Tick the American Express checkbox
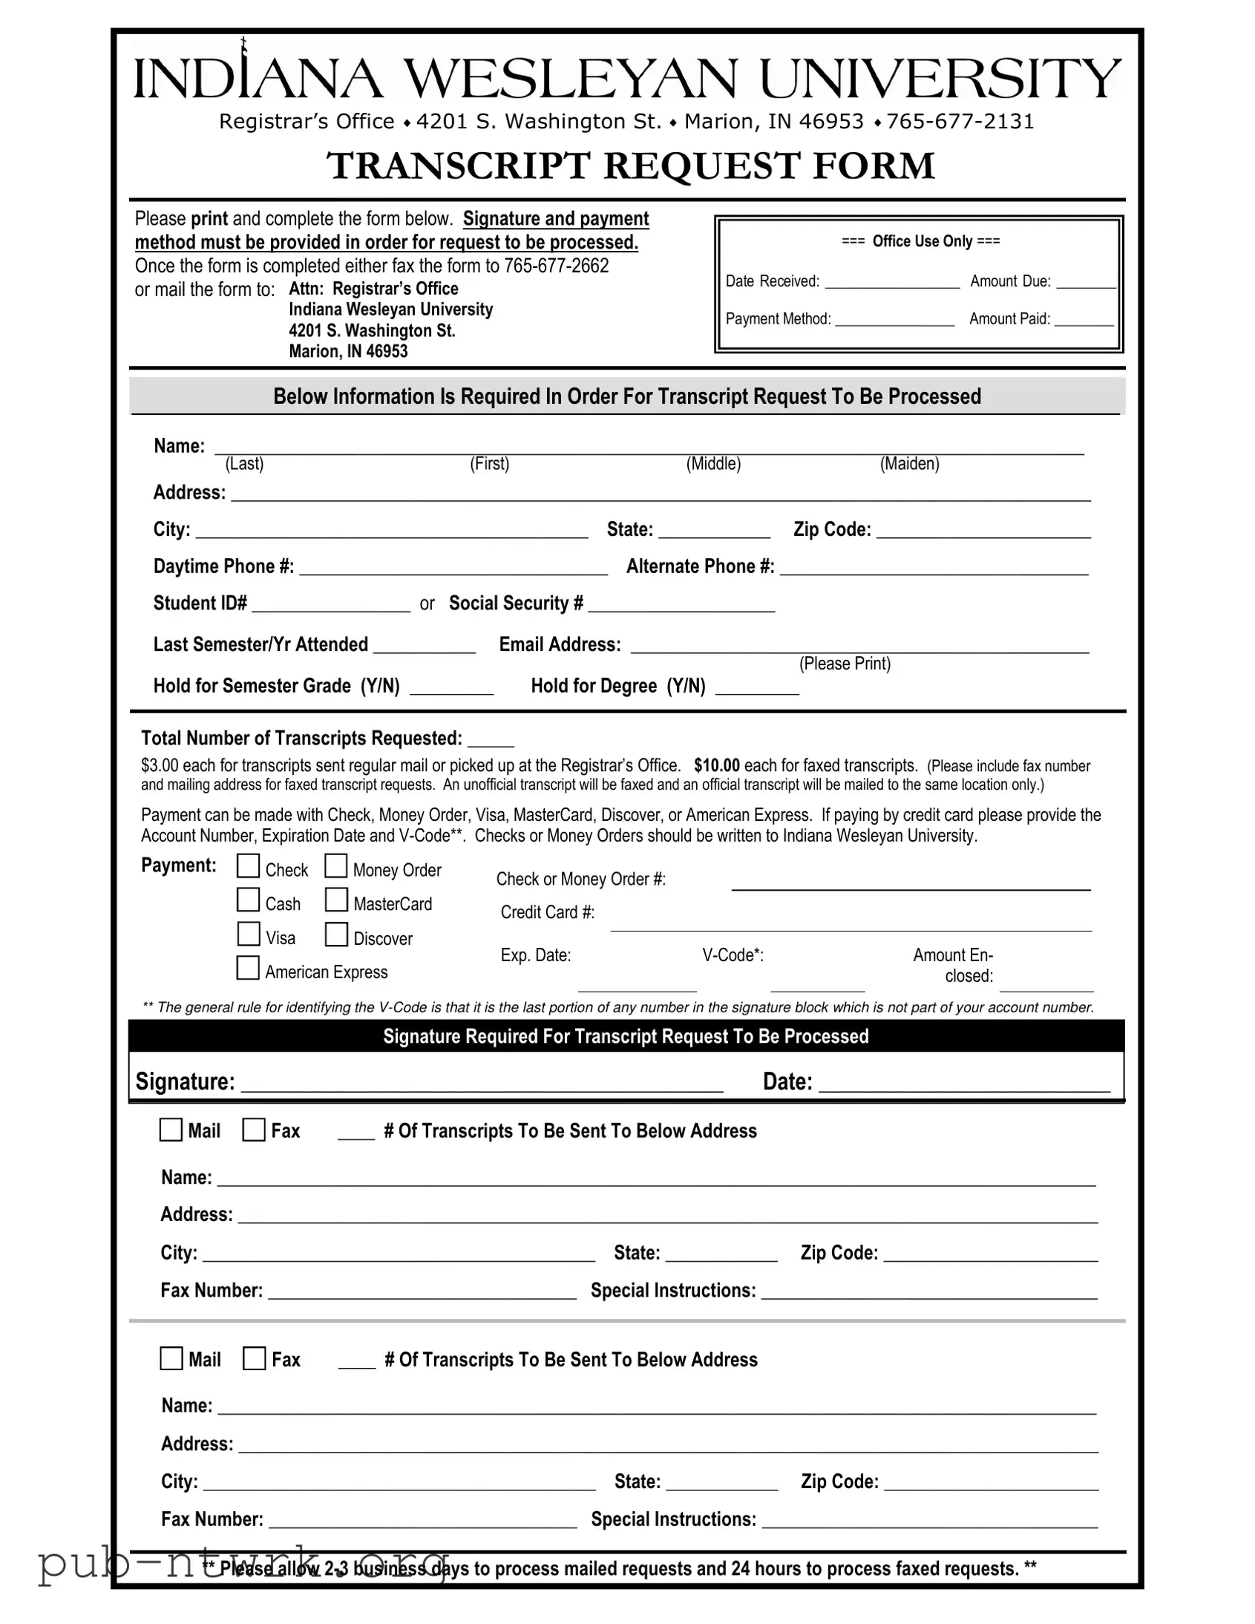[248, 967]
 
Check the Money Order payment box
[336, 865]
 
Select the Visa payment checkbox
[249, 933]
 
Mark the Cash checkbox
[249, 900]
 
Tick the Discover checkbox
[336, 934]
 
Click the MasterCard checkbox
[336, 900]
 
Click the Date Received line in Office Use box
[892, 282]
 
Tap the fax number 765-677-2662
[556, 266]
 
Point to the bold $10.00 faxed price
[717, 766]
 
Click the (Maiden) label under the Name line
[909, 464]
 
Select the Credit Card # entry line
[851, 923]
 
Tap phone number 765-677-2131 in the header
[960, 122]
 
